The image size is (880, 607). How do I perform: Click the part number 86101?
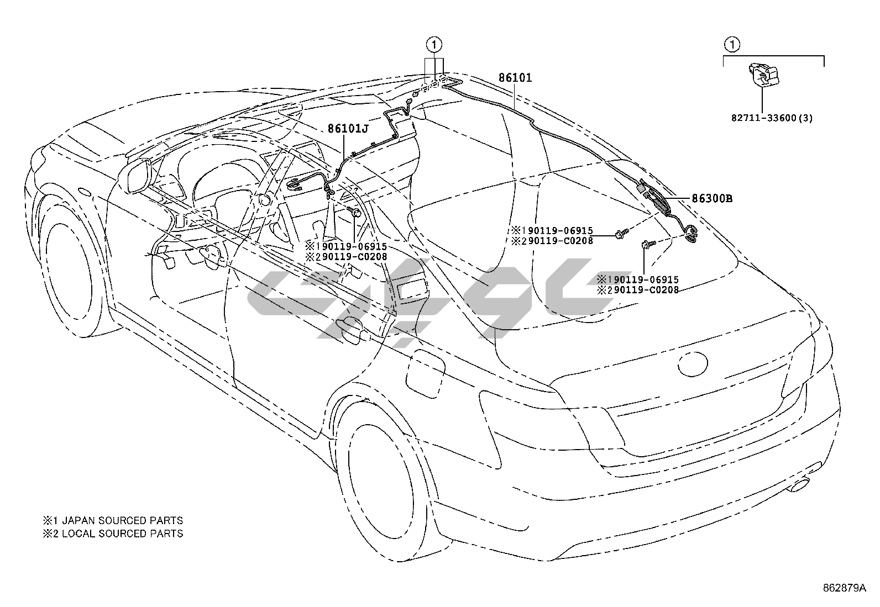tap(515, 78)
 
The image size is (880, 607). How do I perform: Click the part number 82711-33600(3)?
tap(772, 118)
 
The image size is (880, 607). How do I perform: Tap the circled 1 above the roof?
tap(434, 44)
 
